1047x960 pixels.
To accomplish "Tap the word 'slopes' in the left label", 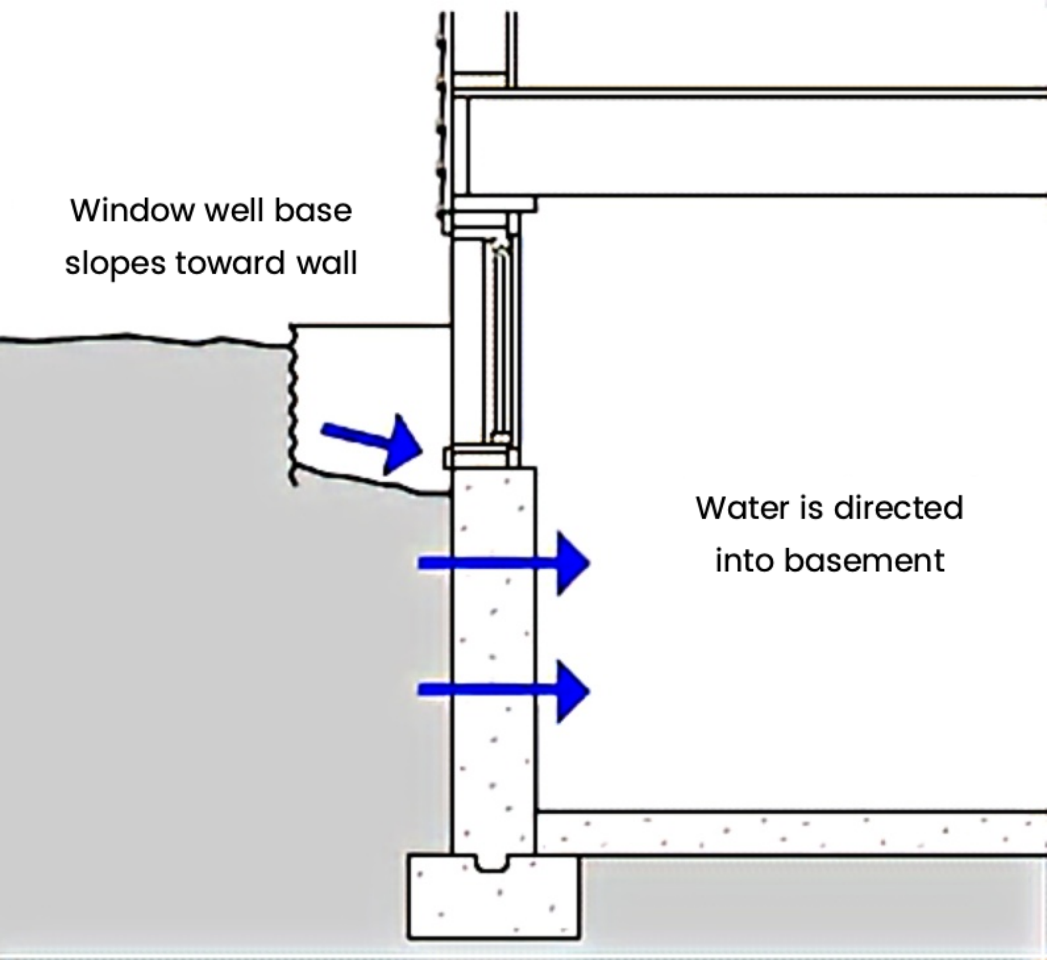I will pos(115,263).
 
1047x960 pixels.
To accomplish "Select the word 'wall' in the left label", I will pos(326,263).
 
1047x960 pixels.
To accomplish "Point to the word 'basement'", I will pos(864,560).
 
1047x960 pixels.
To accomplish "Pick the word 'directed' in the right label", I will pos(898,507).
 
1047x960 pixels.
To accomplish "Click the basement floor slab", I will pos(787,833).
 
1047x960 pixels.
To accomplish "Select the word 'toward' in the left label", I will pos(230,263).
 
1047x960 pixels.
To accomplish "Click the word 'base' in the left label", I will pos(313,210).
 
